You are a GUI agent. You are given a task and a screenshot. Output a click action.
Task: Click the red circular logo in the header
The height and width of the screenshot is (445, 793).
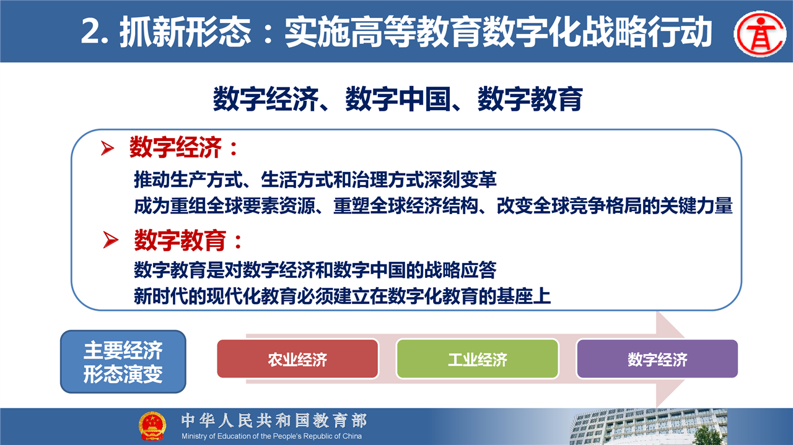[760, 33]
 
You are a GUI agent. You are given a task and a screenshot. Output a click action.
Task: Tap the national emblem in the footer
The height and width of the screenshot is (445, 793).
[152, 426]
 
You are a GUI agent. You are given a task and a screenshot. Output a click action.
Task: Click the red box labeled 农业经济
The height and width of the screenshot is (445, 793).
[297, 359]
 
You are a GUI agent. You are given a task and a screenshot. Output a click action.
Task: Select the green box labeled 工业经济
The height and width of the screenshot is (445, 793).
[477, 359]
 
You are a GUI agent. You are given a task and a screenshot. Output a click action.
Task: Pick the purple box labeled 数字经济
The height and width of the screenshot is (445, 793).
[657, 359]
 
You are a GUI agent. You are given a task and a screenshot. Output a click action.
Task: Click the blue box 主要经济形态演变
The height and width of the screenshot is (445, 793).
[123, 361]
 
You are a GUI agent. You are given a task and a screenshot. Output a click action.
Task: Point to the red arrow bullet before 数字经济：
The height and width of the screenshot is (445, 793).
[107, 148]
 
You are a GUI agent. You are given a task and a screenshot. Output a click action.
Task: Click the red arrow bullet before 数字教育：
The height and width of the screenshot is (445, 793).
[110, 240]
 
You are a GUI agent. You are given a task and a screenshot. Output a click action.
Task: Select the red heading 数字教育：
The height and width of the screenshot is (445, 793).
[188, 240]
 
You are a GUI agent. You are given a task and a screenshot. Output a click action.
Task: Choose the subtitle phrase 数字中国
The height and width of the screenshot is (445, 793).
[398, 99]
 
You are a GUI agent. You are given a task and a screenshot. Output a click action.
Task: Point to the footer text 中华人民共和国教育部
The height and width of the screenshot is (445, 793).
[274, 421]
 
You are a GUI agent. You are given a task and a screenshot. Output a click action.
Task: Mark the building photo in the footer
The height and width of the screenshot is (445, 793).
[648, 426]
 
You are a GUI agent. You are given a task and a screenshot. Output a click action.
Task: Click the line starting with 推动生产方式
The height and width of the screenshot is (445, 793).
[315, 179]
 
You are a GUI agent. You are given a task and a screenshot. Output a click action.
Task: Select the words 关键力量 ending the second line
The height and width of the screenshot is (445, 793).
[696, 206]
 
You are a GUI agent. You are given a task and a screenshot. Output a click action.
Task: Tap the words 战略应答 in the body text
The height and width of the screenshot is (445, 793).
[460, 270]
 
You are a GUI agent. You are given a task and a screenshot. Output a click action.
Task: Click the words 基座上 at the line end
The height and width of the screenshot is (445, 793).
[524, 296]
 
